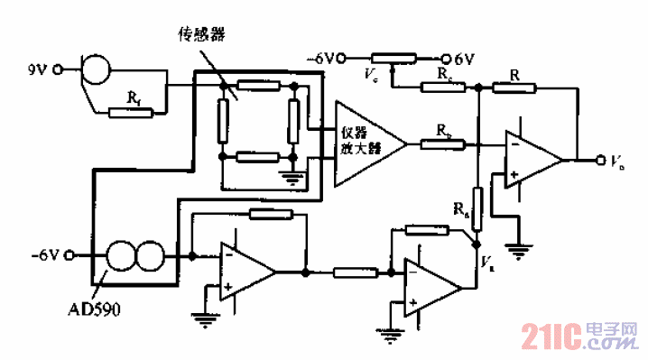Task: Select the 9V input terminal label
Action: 39,67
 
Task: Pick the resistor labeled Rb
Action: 449,143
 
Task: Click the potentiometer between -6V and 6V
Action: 393,60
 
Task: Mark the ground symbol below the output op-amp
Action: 517,249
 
